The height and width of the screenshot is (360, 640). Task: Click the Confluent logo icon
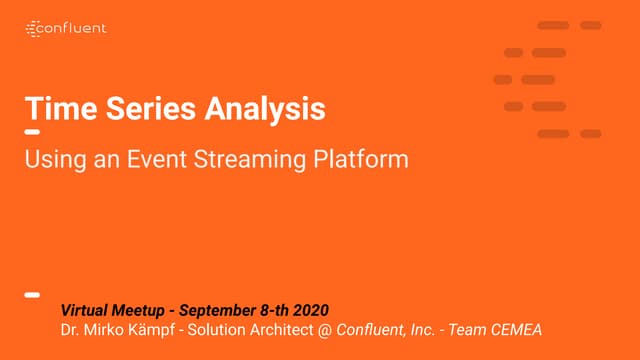coord(33,28)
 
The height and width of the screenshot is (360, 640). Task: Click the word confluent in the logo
coord(75,28)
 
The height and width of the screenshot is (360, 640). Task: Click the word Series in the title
coord(136,109)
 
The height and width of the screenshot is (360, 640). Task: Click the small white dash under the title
coord(32,133)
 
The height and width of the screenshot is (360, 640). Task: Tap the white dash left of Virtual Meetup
coord(32,295)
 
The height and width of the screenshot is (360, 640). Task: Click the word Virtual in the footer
coord(87,310)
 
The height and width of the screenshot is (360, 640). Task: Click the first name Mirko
coord(105,330)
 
